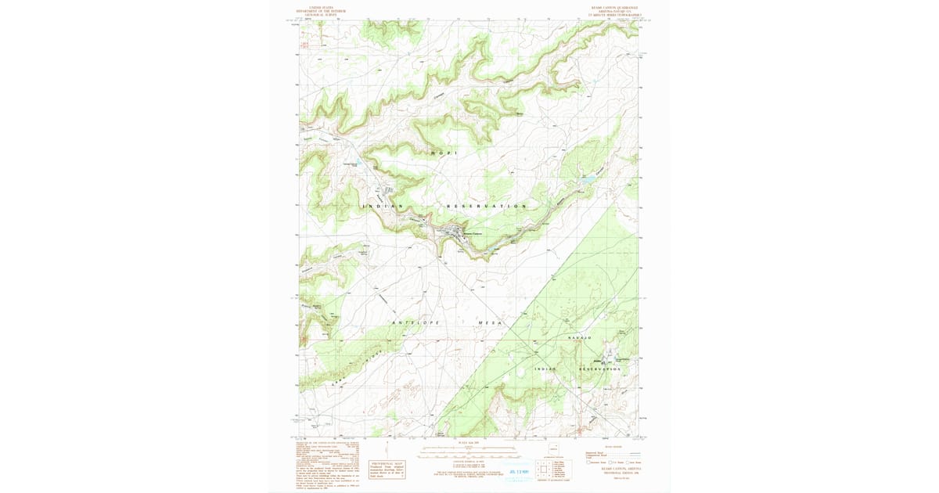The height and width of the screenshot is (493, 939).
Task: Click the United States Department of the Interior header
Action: [x=327, y=11]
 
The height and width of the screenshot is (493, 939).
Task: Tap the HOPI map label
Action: [x=443, y=153]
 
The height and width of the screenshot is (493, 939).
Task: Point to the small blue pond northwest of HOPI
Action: [x=358, y=163]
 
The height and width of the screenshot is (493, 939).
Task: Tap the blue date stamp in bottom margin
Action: [x=519, y=472]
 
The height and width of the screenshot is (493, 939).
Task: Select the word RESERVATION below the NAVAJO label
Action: [x=604, y=369]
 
